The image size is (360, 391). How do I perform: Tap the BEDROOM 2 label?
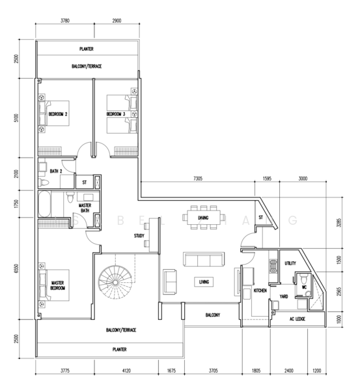point(58,114)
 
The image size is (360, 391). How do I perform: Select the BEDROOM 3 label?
point(116,114)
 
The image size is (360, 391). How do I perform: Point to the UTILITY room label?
point(290,263)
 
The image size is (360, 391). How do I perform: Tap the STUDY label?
point(139,235)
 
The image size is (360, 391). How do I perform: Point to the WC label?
point(303,285)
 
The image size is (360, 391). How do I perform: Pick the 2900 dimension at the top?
point(116,22)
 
